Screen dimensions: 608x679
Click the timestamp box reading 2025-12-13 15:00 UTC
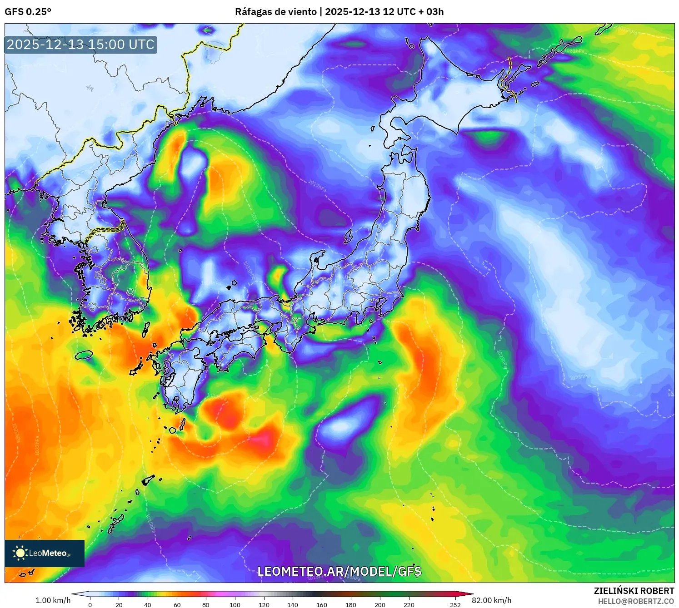click(80, 44)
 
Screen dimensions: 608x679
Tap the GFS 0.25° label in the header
click(28, 12)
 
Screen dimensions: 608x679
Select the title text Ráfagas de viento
click(275, 12)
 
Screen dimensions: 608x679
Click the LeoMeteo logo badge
click(45, 553)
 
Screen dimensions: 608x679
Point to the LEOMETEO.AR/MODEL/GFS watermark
click(339, 571)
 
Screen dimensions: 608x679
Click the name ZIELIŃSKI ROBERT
click(634, 591)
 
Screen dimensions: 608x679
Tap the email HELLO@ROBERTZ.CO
click(635, 601)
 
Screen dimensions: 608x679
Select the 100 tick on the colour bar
click(235, 604)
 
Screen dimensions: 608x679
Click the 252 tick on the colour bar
click(455, 604)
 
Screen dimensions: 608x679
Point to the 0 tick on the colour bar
click(90, 604)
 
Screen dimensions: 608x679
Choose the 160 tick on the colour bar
click(322, 604)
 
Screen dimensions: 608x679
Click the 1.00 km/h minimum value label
click(53, 600)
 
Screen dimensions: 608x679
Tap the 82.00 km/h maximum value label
click(491, 600)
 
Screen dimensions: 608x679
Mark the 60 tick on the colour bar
click(177, 604)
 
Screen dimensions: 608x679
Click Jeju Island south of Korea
click(84, 355)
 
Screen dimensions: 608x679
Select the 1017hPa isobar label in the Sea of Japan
click(317, 185)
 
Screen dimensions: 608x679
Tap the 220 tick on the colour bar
click(409, 604)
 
